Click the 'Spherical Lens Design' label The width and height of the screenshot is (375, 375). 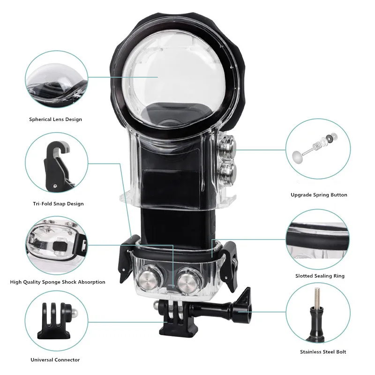(x=55, y=120)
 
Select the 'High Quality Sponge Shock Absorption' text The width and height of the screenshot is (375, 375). (x=58, y=282)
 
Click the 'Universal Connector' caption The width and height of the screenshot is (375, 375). (x=55, y=360)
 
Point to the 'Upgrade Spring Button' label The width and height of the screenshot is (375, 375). (x=319, y=195)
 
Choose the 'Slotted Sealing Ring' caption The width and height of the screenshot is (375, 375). (x=320, y=276)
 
